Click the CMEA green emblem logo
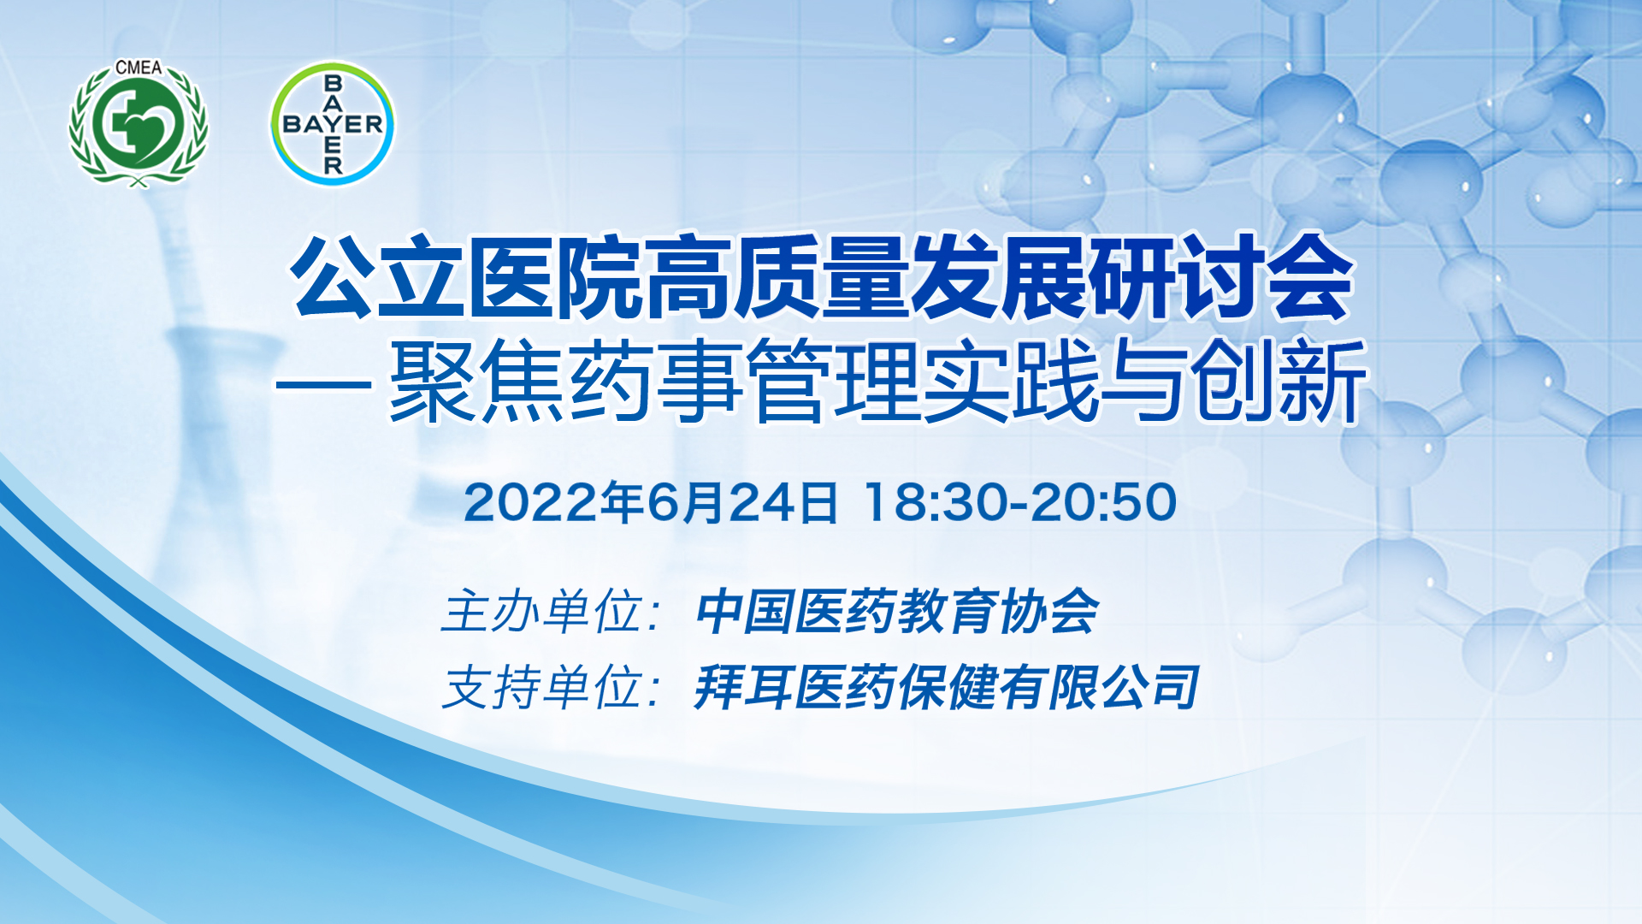point(139,124)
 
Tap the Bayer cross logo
point(333,123)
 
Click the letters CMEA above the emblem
point(139,68)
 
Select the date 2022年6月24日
point(651,502)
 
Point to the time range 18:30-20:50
point(1020,502)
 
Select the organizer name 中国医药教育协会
point(896,612)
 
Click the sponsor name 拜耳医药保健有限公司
point(947,687)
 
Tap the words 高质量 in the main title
point(777,277)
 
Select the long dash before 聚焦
point(323,386)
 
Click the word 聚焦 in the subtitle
point(477,381)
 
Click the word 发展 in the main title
point(1001,277)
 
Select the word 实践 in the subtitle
point(1011,381)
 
